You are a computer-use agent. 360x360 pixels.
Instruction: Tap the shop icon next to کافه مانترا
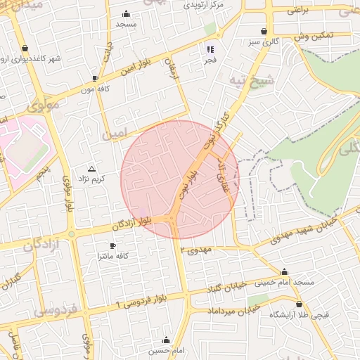click(113, 245)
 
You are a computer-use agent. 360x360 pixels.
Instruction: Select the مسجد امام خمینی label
click(285, 282)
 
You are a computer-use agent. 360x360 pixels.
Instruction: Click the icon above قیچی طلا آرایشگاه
click(300, 304)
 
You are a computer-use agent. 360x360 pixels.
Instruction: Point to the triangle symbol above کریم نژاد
click(91, 169)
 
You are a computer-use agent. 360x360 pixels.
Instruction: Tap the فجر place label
click(210, 61)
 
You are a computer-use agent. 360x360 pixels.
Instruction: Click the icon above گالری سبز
click(264, 32)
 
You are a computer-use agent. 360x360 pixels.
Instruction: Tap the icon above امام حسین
click(166, 340)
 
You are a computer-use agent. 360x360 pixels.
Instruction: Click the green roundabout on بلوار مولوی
click(71, 234)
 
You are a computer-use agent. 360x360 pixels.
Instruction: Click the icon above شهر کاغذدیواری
click(26, 48)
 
